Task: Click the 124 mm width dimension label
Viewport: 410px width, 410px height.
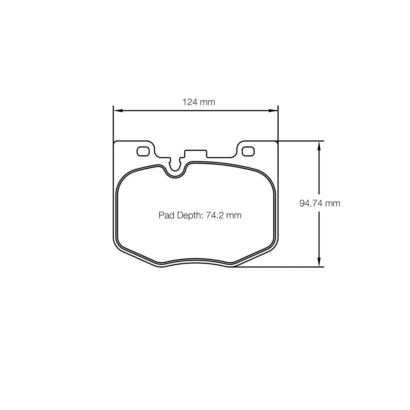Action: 199,102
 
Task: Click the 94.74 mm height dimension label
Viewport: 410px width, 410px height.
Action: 319,203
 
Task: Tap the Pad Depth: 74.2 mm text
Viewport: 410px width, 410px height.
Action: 200,215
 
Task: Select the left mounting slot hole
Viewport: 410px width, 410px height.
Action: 143,152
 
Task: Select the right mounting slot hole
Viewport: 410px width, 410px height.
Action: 248,152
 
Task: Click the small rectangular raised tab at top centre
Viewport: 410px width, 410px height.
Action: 195,154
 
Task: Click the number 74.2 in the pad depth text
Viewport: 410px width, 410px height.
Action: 215,215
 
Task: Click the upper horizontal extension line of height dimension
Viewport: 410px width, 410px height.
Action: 301,141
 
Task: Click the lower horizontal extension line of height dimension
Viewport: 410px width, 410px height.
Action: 284,267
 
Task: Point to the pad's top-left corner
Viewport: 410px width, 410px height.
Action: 114,142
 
